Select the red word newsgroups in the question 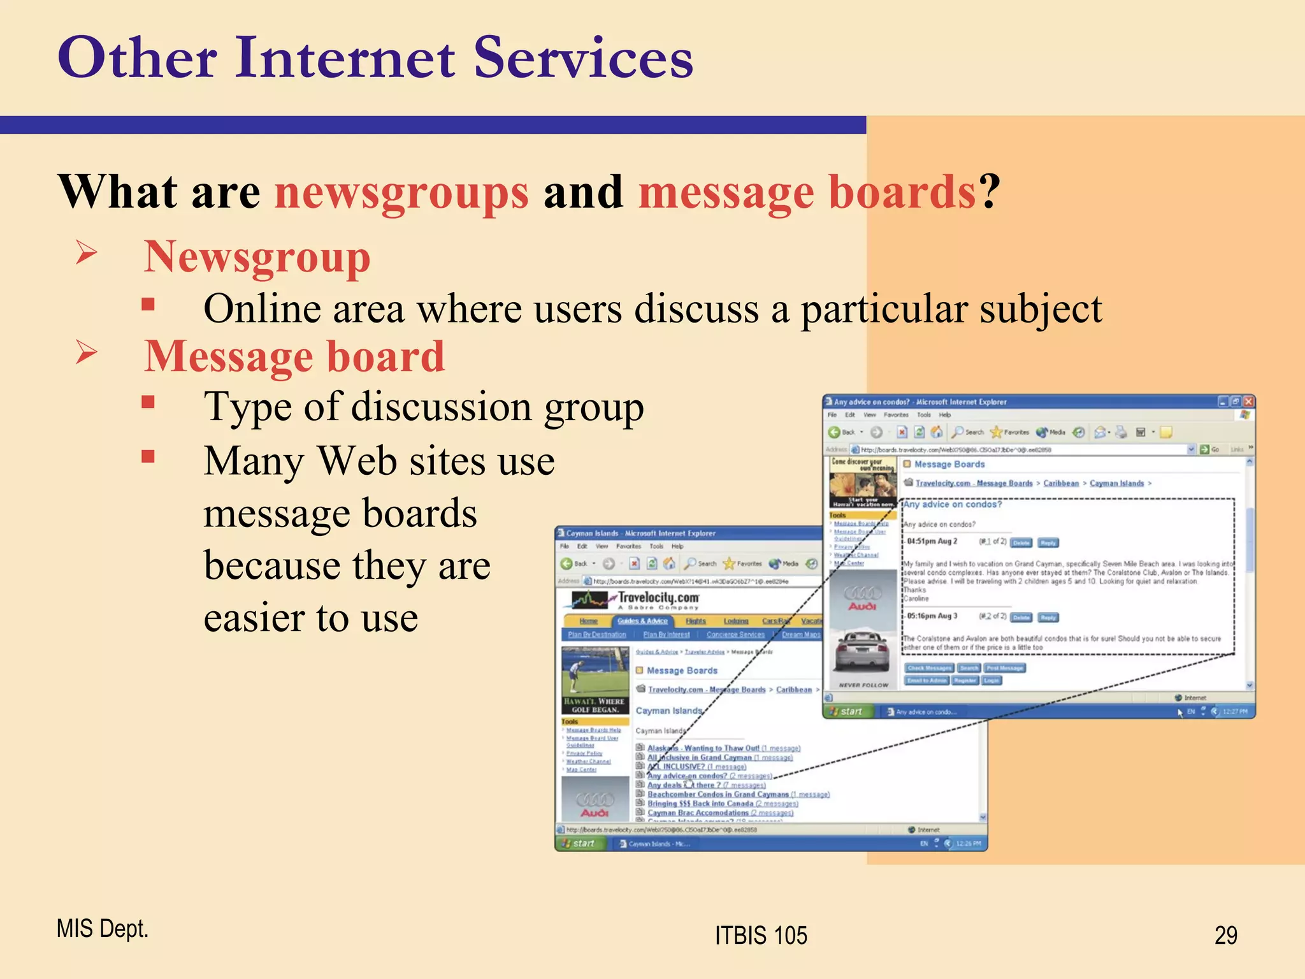coord(401,192)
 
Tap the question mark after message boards coord(990,192)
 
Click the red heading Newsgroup coord(257,257)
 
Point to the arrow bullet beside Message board coord(87,352)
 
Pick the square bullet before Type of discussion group coord(148,402)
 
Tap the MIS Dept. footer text coord(103,929)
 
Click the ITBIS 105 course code coord(761,936)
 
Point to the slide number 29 coord(1225,936)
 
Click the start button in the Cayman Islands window coord(579,843)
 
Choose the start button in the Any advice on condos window coord(847,711)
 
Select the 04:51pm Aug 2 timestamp coord(932,542)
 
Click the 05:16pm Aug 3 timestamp coord(932,616)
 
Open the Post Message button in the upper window coord(1005,668)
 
